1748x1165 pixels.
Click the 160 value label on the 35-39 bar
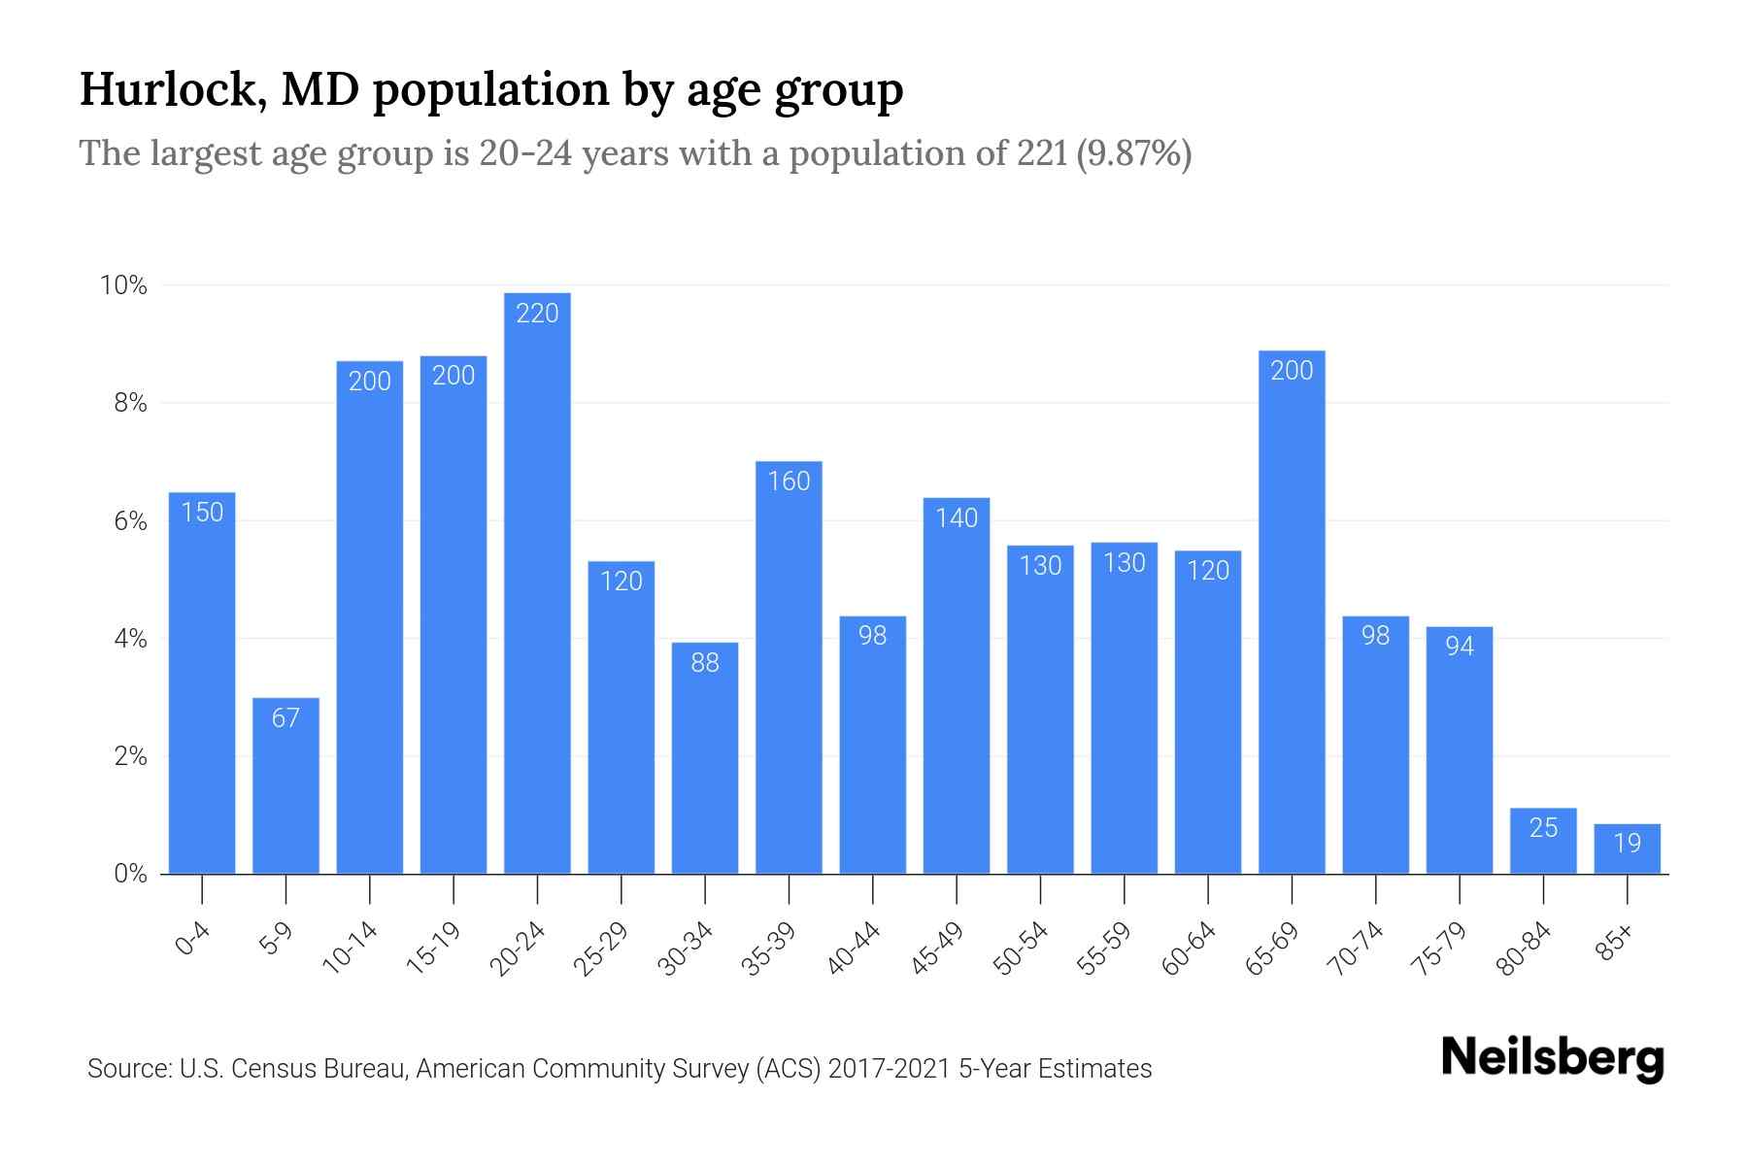click(789, 481)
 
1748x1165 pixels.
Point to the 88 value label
click(705, 662)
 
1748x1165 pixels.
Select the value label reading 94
click(1460, 646)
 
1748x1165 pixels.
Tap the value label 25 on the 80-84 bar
click(1543, 827)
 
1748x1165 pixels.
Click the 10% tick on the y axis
click(123, 285)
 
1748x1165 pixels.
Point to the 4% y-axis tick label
click(130, 639)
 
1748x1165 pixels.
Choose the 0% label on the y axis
click(130, 874)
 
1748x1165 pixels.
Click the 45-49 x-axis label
click(937, 948)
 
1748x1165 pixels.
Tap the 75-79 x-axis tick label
click(1440, 948)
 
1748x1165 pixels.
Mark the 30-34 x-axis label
click(686, 948)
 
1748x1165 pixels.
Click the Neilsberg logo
click(1552, 1058)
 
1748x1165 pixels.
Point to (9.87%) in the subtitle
click(1133, 153)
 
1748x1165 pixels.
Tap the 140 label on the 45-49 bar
click(957, 517)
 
